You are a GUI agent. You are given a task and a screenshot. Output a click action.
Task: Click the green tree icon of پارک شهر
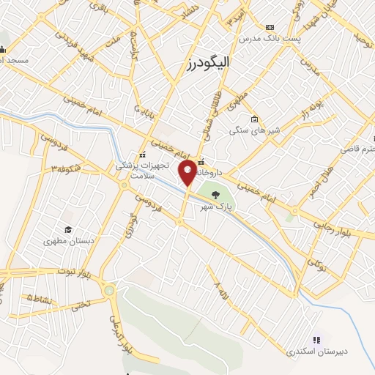point(215,195)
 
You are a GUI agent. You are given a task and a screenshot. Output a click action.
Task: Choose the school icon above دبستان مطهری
point(68,230)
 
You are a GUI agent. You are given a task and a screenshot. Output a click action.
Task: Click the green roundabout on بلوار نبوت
point(109,291)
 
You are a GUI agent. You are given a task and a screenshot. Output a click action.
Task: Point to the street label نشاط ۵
point(41,298)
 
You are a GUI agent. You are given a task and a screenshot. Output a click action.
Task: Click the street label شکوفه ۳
point(64,168)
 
